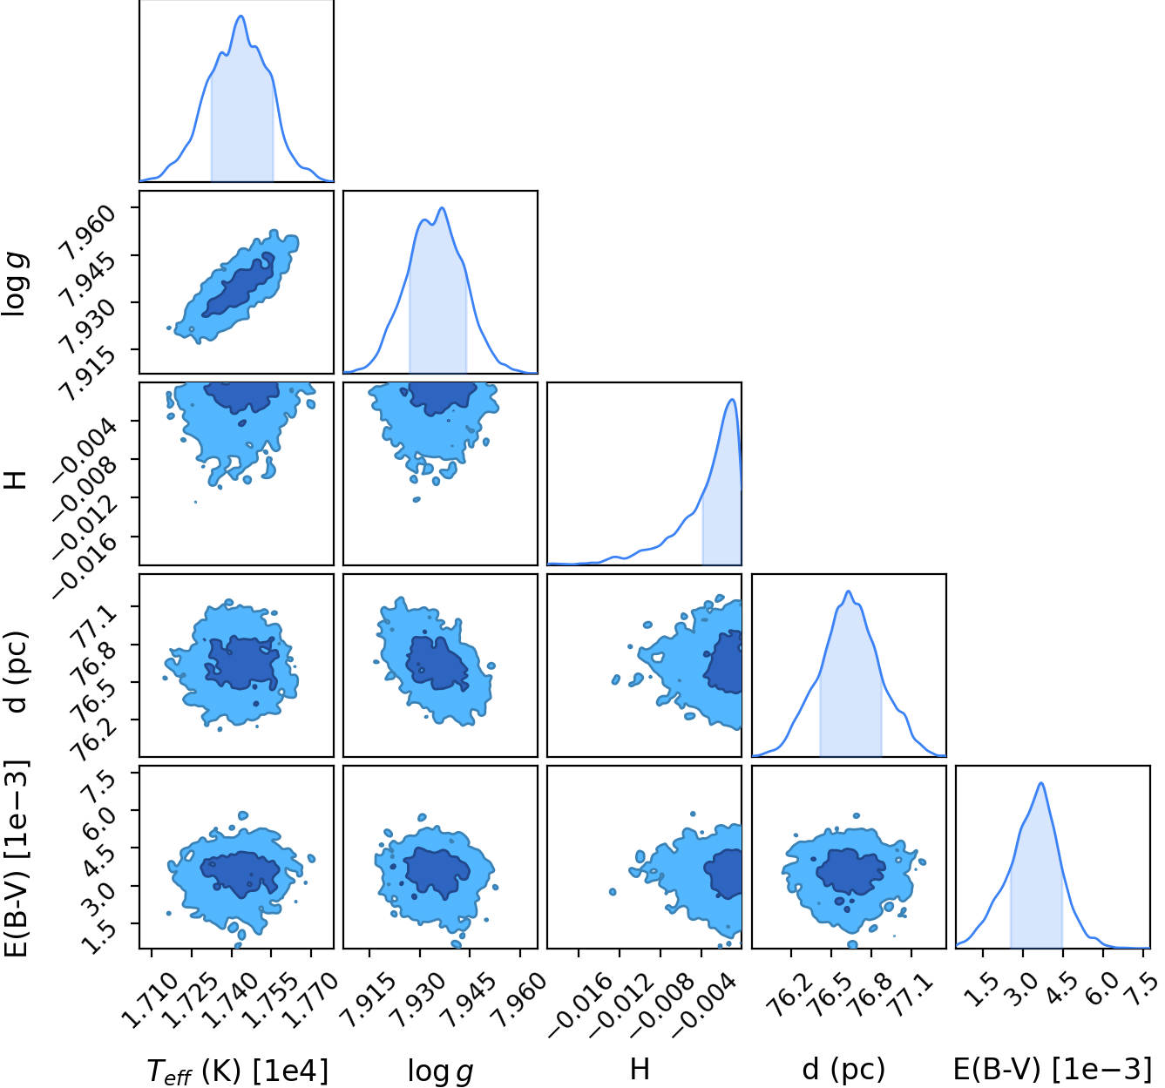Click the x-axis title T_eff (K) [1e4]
(237, 1069)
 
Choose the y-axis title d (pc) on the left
(17, 672)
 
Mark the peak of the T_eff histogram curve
(241, 16)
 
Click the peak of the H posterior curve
(731, 399)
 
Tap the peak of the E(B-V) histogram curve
(1041, 782)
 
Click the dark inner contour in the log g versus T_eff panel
(239, 286)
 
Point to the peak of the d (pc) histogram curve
(848, 591)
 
